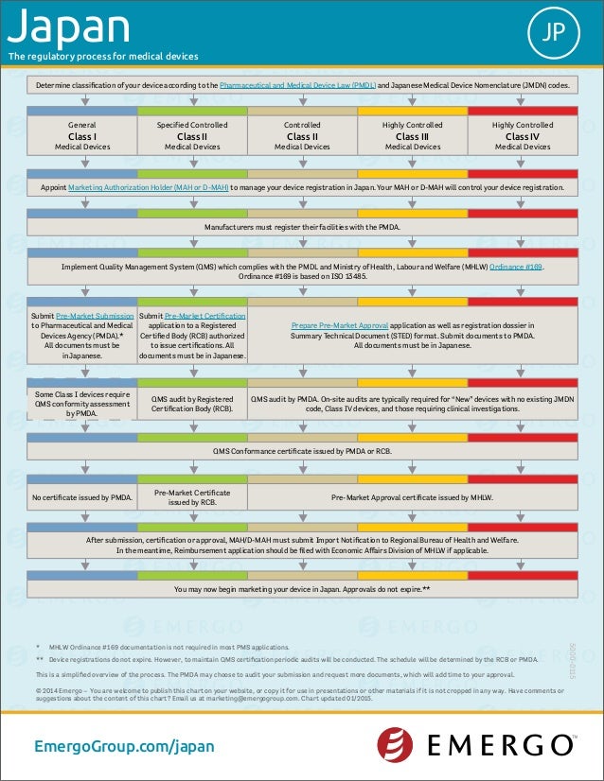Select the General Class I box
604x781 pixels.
82,135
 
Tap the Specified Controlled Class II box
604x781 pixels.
192,135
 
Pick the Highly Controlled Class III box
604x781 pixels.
412,135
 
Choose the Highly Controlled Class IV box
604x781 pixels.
523,135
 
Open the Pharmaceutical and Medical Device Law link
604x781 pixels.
297,85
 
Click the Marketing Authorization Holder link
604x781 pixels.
149,187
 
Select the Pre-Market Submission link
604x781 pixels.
95,315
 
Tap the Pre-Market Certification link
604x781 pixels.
204,315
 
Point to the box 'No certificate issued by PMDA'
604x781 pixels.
82,497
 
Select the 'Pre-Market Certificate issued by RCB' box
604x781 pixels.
192,497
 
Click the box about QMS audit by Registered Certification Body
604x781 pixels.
192,405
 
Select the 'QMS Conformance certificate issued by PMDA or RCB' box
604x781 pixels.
302,451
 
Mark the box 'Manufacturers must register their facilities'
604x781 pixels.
302,228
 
